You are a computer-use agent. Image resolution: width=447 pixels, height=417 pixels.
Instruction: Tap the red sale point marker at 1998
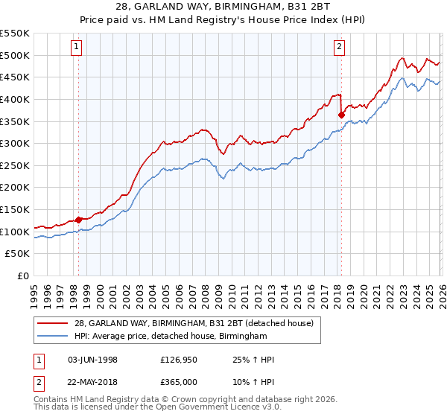coord(79,220)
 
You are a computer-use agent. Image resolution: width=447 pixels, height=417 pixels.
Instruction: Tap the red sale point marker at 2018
coord(341,115)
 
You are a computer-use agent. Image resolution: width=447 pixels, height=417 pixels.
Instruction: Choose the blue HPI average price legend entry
coord(171,337)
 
